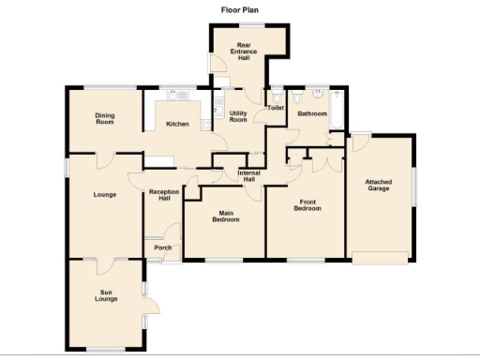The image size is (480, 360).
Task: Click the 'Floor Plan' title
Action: [x=240, y=10]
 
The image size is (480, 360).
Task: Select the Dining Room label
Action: [x=104, y=118]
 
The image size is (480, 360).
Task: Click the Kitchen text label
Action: [x=177, y=124]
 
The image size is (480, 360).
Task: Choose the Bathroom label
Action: [x=311, y=113]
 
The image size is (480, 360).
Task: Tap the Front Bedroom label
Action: [x=309, y=205]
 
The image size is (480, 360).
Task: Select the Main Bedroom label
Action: [x=224, y=217]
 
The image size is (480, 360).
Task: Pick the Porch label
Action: [x=161, y=247]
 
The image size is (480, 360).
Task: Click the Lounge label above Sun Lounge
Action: [x=104, y=195]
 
